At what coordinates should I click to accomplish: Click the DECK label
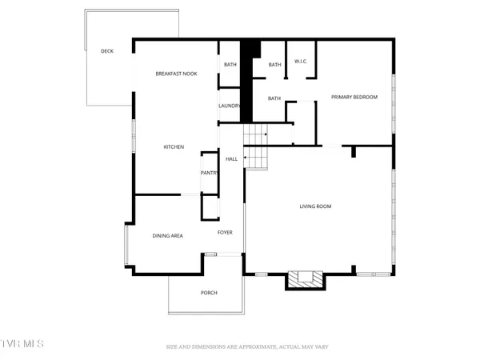tap(106, 51)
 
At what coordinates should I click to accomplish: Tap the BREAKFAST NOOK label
tap(176, 74)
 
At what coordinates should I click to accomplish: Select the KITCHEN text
tap(174, 147)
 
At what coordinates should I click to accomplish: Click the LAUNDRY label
tap(230, 106)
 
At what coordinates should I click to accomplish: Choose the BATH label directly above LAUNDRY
tap(230, 65)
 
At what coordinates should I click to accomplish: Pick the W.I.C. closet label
tap(301, 61)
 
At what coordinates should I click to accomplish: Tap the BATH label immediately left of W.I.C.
tap(274, 65)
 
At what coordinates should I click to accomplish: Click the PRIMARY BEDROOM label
tap(354, 97)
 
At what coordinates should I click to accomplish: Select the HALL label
tap(231, 159)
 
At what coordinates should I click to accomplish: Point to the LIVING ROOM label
tap(315, 206)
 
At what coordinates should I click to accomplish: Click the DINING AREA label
tap(168, 236)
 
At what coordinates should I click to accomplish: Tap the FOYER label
tap(225, 233)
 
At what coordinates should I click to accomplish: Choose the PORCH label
tap(208, 292)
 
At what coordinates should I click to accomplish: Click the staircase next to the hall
tap(255, 146)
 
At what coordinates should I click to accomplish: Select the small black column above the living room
tap(353, 151)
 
